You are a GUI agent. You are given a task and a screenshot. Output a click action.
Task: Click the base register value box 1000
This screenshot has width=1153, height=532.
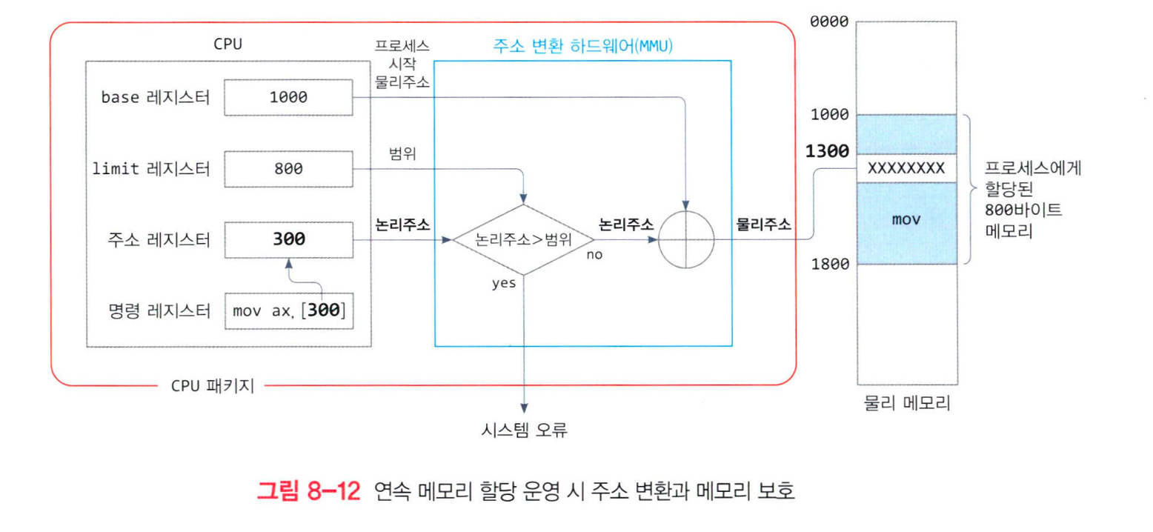pyautogui.click(x=288, y=97)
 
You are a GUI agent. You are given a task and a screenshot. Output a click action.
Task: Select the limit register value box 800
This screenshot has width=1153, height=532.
pyautogui.click(x=288, y=169)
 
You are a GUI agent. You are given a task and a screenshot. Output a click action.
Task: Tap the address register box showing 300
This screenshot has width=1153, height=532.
pyautogui.click(x=288, y=239)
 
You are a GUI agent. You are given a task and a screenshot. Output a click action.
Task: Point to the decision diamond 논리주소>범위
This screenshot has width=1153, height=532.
pyautogui.click(x=523, y=240)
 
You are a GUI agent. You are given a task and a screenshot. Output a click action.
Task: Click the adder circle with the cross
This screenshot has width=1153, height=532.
pyautogui.click(x=688, y=240)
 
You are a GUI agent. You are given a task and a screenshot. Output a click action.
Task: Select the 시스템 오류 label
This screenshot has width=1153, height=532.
pyautogui.click(x=523, y=429)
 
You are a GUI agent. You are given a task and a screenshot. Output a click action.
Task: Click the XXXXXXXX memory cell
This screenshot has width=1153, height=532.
pyautogui.click(x=906, y=168)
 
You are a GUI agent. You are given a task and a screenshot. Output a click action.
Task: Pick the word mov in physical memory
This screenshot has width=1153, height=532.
pyautogui.click(x=906, y=221)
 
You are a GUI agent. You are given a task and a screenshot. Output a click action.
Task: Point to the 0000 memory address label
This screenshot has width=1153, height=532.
pyautogui.click(x=829, y=21)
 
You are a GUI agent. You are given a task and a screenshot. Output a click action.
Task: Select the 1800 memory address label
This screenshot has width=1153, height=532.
pyautogui.click(x=829, y=264)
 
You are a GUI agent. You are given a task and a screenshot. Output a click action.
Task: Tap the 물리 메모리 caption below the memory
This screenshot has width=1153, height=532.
pyautogui.click(x=906, y=405)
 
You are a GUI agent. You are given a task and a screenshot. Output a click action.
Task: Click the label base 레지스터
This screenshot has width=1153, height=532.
pyautogui.click(x=155, y=97)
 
